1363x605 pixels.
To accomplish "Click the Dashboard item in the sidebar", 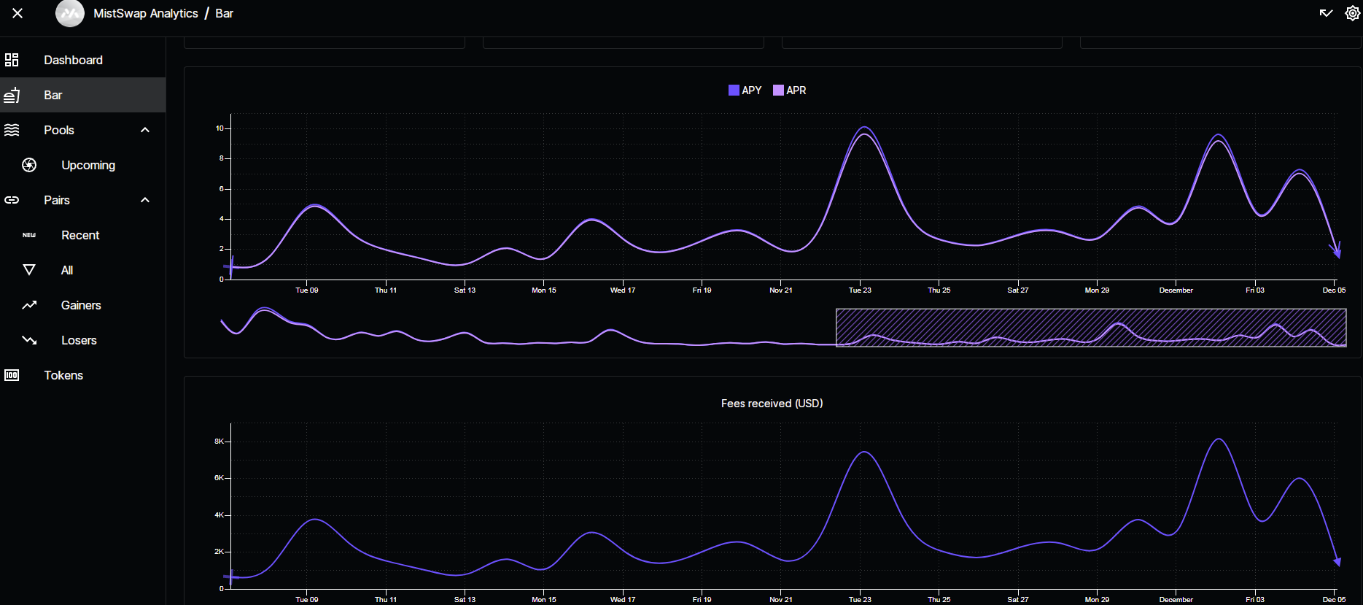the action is (x=73, y=60).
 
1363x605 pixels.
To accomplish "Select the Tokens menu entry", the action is (x=63, y=375).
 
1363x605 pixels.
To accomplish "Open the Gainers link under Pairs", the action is (x=81, y=305).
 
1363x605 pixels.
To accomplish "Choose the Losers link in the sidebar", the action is (x=79, y=340).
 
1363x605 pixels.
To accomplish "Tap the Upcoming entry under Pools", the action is (x=88, y=165).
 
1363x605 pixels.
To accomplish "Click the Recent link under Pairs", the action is (x=80, y=235).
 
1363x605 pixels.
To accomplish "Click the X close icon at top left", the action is (x=18, y=13).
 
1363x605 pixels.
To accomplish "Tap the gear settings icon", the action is (x=1352, y=13).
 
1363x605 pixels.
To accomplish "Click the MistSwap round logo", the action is (x=70, y=13).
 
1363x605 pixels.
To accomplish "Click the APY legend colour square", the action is (x=734, y=90).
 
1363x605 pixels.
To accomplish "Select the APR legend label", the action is (x=796, y=90).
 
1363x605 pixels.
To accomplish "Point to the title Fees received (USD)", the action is (x=772, y=404).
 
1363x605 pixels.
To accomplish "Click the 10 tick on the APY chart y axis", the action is (x=220, y=128).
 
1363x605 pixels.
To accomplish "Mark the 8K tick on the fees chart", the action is (x=219, y=442).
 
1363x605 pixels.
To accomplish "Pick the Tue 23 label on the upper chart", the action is (x=860, y=290).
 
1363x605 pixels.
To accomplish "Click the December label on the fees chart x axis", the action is (x=1176, y=600).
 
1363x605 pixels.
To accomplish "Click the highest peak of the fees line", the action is (x=1219, y=439).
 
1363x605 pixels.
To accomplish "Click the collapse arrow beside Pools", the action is (x=145, y=130).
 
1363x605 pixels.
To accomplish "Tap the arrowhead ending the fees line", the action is (x=1337, y=561).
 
